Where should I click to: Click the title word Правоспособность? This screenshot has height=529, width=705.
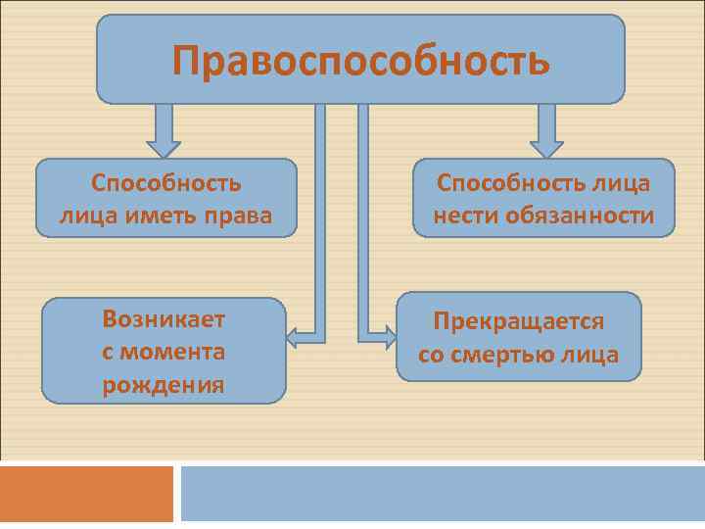pos(360,60)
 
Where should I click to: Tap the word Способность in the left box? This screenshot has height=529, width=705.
pos(166,183)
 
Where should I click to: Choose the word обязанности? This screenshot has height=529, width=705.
pos(580,215)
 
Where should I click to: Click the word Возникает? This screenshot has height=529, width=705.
pos(164,319)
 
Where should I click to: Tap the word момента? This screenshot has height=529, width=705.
pos(173,352)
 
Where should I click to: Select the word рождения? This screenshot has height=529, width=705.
pos(164,384)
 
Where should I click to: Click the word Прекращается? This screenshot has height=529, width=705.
pos(519,321)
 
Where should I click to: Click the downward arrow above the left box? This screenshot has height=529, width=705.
pos(164,130)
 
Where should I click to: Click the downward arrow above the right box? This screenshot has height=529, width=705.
pos(547,130)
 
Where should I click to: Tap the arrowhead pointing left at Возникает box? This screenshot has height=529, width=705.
pos(292,338)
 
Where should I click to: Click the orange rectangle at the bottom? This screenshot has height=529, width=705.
pos(86,493)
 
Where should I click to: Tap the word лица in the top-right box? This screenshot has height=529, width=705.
pos(622,183)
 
